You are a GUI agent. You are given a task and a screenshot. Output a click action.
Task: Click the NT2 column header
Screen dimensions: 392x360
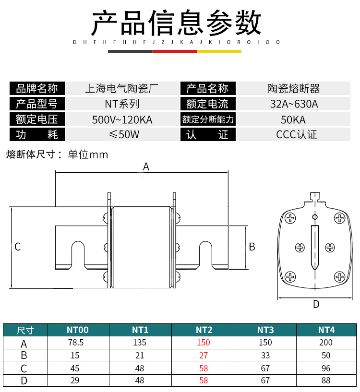click(x=204, y=330)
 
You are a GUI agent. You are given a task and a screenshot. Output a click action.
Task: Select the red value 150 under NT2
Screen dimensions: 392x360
click(x=204, y=343)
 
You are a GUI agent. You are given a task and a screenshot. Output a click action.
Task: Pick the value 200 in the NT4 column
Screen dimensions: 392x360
click(x=326, y=343)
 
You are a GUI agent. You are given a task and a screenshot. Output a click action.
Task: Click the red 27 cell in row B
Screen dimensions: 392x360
click(x=204, y=356)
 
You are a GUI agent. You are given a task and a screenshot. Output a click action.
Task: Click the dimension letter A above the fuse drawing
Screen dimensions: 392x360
click(x=146, y=166)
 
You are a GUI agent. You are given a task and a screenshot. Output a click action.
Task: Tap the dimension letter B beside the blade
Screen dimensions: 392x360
click(x=252, y=247)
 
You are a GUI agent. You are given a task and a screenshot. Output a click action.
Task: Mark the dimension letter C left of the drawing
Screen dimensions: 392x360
click(x=17, y=247)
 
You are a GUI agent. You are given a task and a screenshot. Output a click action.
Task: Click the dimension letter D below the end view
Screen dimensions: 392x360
click(x=316, y=304)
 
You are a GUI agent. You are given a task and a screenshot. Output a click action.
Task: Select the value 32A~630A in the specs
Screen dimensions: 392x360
click(x=294, y=104)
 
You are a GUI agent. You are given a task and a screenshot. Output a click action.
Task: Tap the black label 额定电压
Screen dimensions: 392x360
click(x=37, y=119)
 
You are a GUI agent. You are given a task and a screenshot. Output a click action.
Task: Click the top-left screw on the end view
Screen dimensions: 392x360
click(x=290, y=218)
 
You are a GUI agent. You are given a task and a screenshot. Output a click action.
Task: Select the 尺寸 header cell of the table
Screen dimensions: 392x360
click(x=25, y=330)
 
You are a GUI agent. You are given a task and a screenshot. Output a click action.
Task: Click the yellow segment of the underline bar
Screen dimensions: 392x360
click(x=219, y=51)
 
